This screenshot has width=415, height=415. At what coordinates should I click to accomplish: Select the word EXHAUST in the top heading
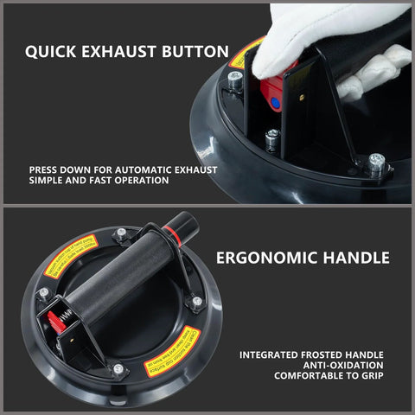click(122, 51)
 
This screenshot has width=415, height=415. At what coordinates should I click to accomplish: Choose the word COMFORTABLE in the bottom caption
click(306, 376)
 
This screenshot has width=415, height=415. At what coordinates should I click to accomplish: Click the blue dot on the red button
click(276, 102)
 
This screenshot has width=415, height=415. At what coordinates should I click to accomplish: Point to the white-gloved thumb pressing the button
click(285, 43)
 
